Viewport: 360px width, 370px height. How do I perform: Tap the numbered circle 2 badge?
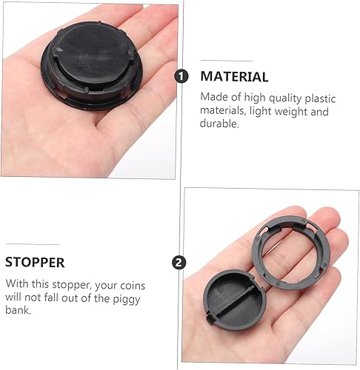179,262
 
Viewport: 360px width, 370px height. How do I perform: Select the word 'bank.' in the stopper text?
19,311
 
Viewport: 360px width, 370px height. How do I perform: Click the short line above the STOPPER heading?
33,243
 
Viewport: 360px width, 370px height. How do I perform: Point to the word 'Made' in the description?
214,96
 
